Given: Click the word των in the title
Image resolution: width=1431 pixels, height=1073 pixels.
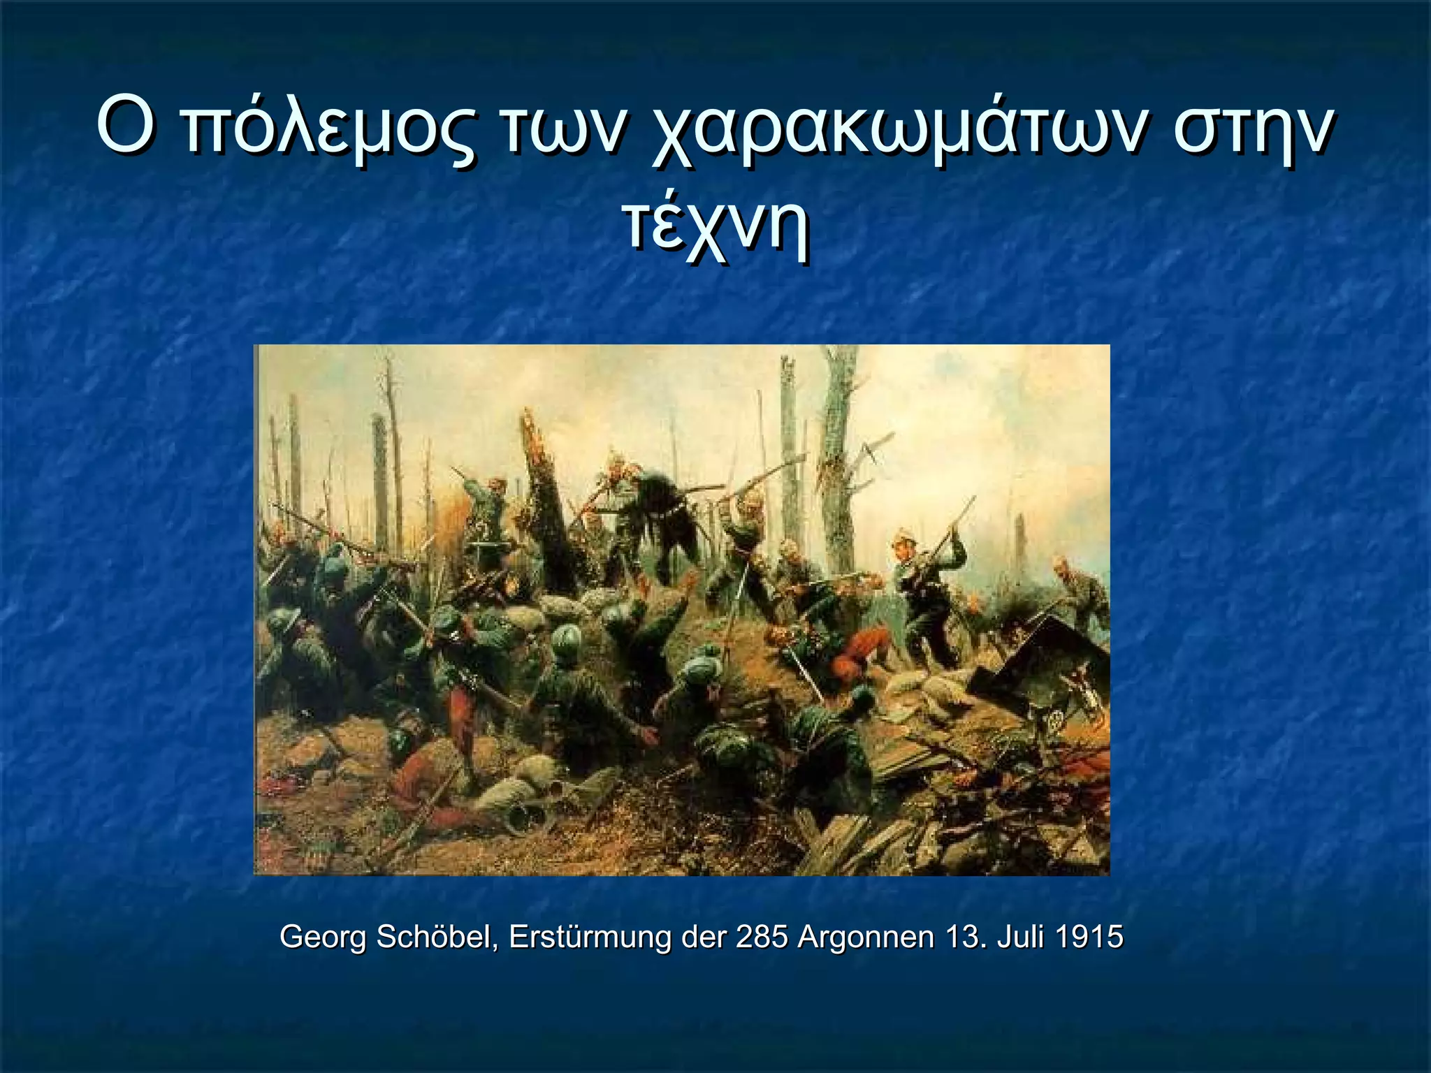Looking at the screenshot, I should [x=559, y=129].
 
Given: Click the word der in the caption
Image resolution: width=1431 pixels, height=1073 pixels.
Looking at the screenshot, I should [x=704, y=936].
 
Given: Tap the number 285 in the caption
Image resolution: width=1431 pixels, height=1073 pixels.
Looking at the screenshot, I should [x=762, y=936].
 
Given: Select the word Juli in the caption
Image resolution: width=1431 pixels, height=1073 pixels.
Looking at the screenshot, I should [x=1021, y=936].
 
